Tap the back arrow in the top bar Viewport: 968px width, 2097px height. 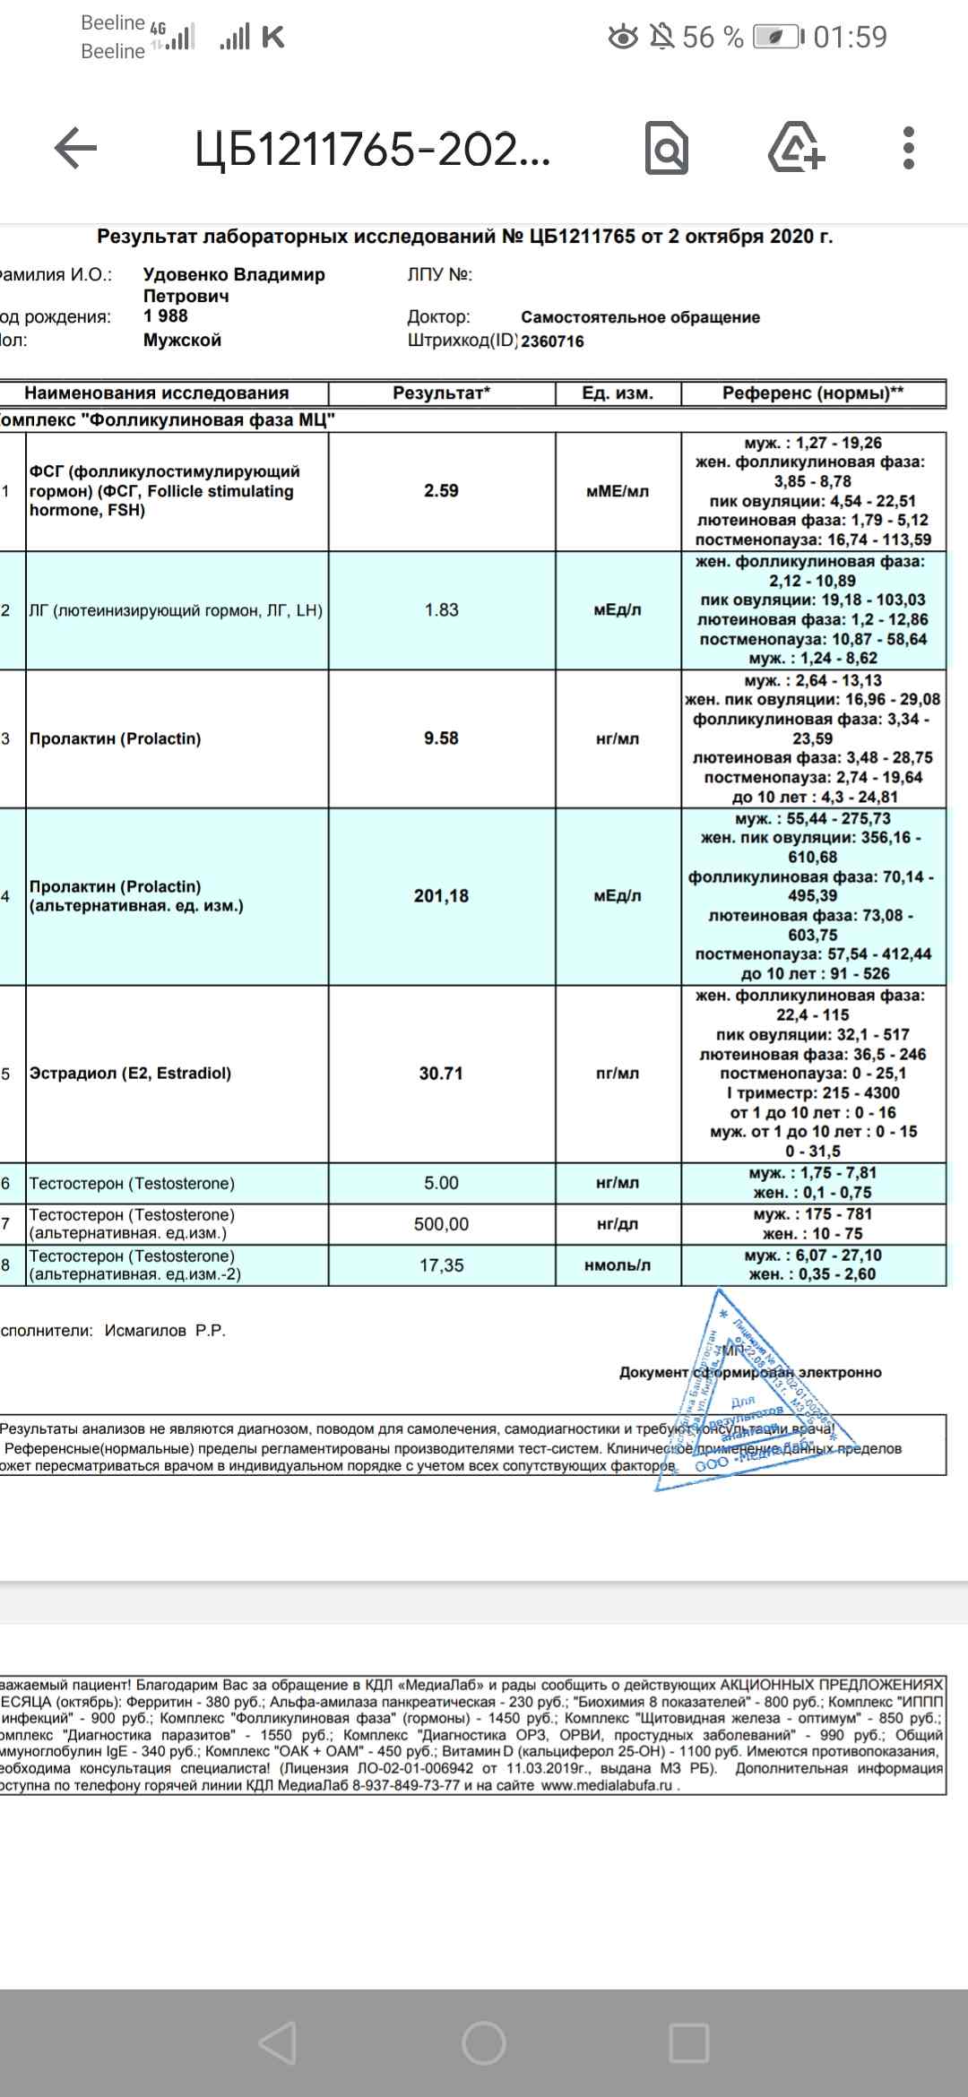pos(75,148)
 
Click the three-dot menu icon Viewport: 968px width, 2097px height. pos(908,148)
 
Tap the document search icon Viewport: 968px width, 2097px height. pos(667,149)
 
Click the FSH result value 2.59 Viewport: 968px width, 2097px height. pos(441,491)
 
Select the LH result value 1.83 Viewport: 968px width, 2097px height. pos(441,610)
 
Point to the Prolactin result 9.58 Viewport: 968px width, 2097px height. pos(441,738)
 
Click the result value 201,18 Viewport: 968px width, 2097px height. pos(441,896)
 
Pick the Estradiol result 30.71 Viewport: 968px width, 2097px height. pos(441,1074)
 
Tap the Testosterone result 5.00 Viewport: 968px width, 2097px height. pos(441,1183)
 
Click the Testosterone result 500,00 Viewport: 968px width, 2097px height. pos(441,1224)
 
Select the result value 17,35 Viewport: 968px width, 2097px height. pos(441,1265)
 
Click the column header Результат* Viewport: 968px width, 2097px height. pos(441,393)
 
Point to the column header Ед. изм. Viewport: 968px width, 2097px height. pos(618,393)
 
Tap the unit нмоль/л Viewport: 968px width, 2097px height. pos(618,1265)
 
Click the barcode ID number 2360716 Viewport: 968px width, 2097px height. pos(552,341)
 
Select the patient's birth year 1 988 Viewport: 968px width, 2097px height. pos(166,316)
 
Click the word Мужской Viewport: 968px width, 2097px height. pos(182,341)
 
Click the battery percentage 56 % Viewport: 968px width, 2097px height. pos(713,38)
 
